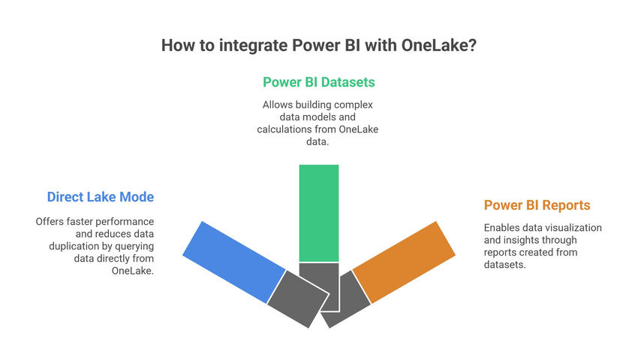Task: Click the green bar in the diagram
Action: click(x=318, y=213)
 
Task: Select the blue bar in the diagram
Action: click(x=233, y=262)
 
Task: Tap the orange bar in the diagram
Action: click(x=404, y=262)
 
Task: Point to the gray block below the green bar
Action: click(x=319, y=286)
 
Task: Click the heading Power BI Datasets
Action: click(x=318, y=82)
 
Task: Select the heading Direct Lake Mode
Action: click(x=100, y=197)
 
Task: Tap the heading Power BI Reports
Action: click(x=537, y=205)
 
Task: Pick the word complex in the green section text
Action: click(x=352, y=105)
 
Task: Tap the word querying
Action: click(x=134, y=246)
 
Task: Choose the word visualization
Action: click(x=572, y=228)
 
